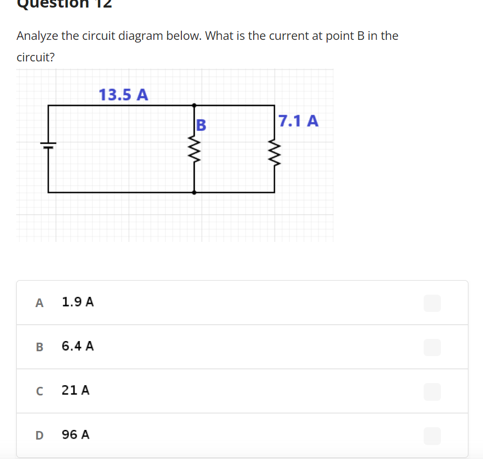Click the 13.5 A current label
pyautogui.click(x=124, y=95)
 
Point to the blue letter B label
pyautogui.click(x=201, y=125)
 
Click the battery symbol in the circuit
pyautogui.click(x=48, y=145)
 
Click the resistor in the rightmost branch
pyautogui.click(x=274, y=151)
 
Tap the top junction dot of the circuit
pyautogui.click(x=194, y=105)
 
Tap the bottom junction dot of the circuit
pyautogui.click(x=194, y=192)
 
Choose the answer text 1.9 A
pyautogui.click(x=78, y=302)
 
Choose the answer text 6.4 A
pyautogui.click(x=78, y=346)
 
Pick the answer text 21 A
pyautogui.click(x=76, y=391)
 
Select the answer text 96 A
pyautogui.click(x=76, y=435)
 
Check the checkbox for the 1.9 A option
pyautogui.click(x=432, y=303)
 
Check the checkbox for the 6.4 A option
pyautogui.click(x=432, y=347)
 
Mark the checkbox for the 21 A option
pyautogui.click(x=432, y=391)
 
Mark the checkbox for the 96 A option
pyautogui.click(x=432, y=435)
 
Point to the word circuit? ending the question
pyautogui.click(x=36, y=58)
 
